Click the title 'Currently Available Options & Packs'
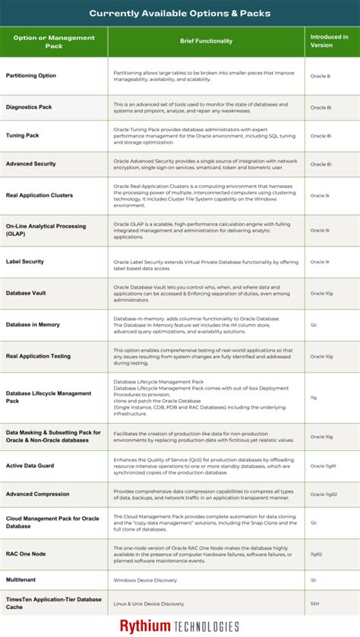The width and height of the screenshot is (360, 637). click(x=180, y=13)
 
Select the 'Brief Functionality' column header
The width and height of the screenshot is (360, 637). click(x=206, y=41)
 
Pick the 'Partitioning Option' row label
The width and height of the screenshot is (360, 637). click(x=31, y=76)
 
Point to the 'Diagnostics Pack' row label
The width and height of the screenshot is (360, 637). click(x=27, y=107)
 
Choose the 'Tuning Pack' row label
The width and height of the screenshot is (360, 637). click(x=22, y=136)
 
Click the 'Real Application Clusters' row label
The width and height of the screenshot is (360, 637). click(x=39, y=195)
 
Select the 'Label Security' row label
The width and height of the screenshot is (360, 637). click(x=25, y=262)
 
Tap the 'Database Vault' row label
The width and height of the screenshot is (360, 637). click(x=27, y=292)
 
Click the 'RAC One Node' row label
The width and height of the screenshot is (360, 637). click(x=26, y=553)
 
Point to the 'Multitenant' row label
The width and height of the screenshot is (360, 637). click(x=21, y=580)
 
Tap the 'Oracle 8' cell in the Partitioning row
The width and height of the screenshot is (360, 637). click(x=319, y=76)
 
